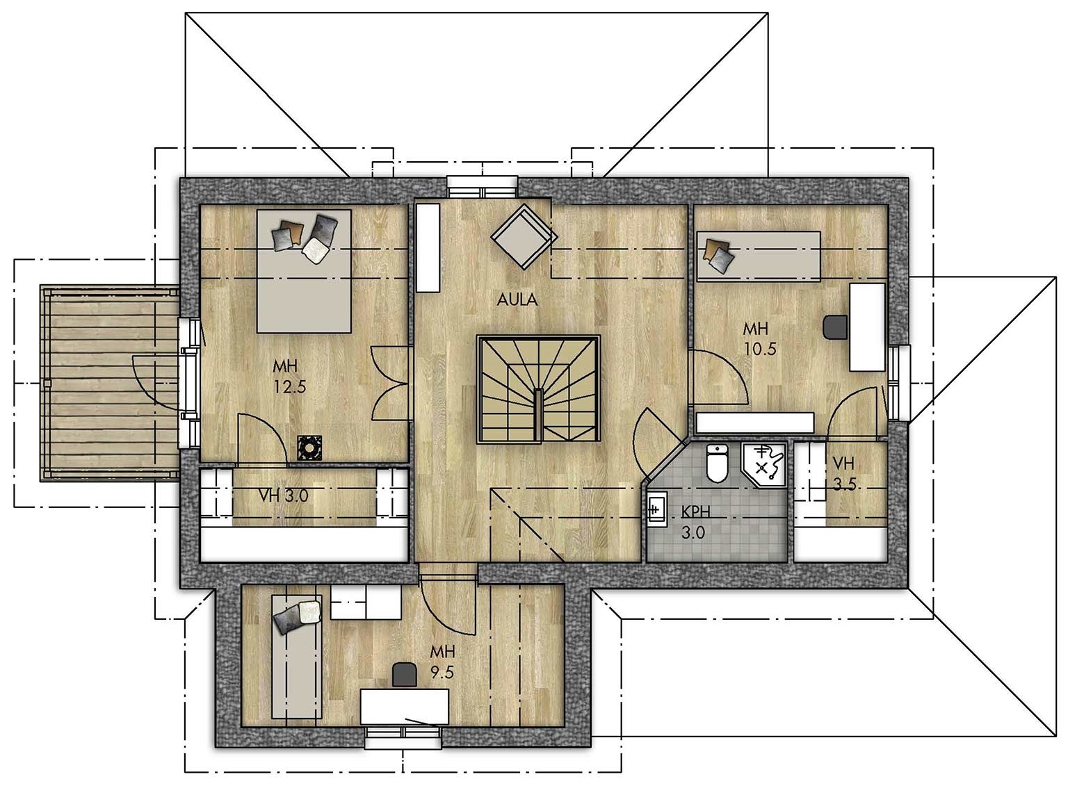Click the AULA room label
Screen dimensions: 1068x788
point(517,299)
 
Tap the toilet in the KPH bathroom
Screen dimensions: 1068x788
point(717,463)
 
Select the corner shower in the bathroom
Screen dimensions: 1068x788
point(764,464)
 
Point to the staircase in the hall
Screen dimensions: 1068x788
point(539,389)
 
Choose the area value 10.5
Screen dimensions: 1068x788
point(760,349)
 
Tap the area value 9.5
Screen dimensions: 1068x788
point(442,672)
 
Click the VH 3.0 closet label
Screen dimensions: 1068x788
point(284,496)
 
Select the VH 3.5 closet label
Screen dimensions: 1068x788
point(843,474)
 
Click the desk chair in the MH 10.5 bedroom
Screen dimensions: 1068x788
point(835,327)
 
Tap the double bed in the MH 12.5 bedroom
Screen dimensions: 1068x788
point(304,271)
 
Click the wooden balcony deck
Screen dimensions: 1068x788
point(110,383)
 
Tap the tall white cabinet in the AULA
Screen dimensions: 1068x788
point(428,247)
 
